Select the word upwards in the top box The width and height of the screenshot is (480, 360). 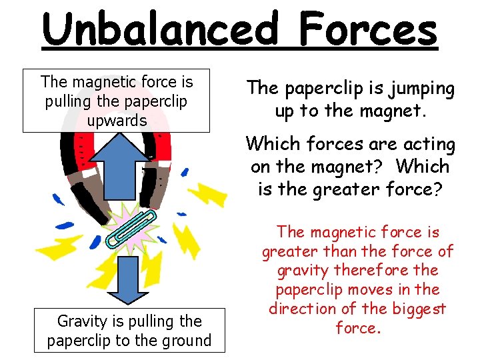(x=117, y=121)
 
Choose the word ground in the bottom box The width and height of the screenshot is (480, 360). (x=186, y=340)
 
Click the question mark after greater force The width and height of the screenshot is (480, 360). (x=437, y=189)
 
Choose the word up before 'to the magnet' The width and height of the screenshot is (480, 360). (x=285, y=110)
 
